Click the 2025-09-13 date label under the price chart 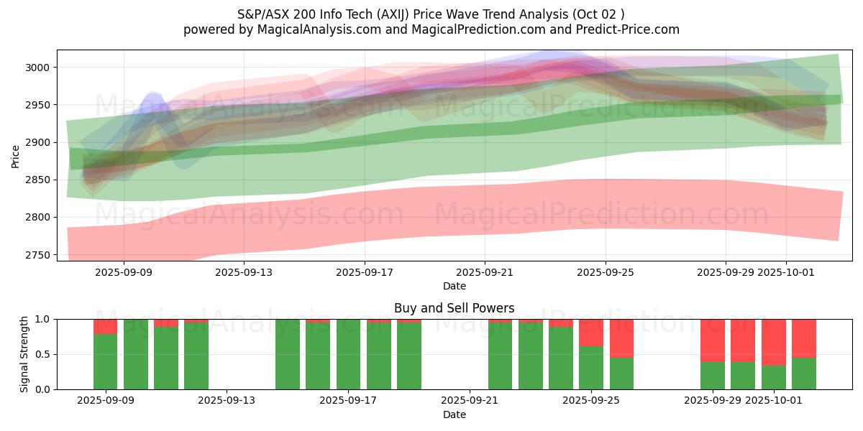[x=244, y=272]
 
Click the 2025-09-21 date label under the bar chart [x=469, y=401]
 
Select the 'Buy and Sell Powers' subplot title [x=454, y=308]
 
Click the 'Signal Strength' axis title [x=24, y=353]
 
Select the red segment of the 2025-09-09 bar [x=105, y=326]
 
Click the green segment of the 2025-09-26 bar [x=621, y=373]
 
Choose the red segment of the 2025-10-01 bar [x=774, y=342]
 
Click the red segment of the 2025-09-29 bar [x=713, y=340]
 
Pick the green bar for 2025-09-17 [x=348, y=354]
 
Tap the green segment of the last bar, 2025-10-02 [x=804, y=373]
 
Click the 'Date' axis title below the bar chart [x=454, y=414]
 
